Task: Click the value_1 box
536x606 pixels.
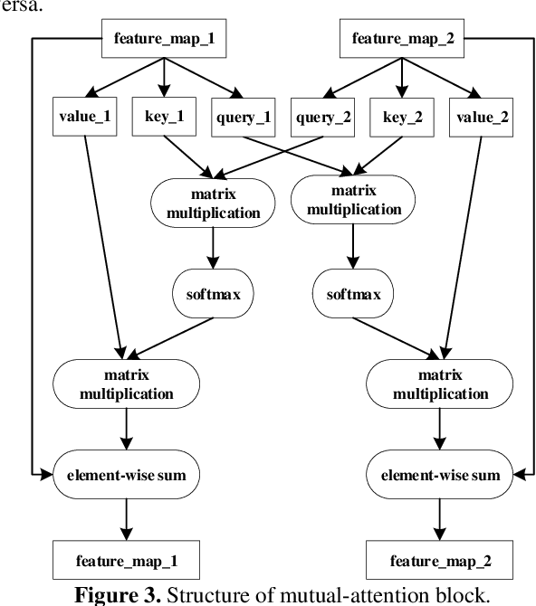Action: (85, 118)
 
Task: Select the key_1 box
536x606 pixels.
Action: (165, 118)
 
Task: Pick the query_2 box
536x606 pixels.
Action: (323, 118)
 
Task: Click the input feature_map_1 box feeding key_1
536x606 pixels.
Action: (164, 39)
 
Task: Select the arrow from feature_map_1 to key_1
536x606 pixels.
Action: (164, 77)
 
